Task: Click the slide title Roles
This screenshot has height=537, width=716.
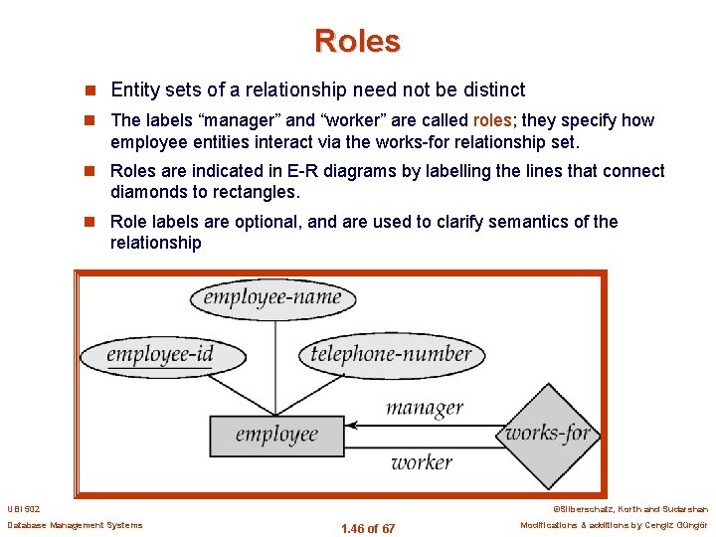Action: [357, 41]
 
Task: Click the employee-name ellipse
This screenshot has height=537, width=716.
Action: [271, 297]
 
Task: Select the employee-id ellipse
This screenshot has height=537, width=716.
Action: [160, 354]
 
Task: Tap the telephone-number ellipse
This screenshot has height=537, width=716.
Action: [391, 354]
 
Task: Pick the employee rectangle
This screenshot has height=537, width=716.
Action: [276, 435]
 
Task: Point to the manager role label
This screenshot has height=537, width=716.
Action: [425, 407]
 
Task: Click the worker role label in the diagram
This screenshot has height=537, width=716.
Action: [421, 462]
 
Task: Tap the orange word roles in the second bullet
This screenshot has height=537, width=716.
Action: [492, 120]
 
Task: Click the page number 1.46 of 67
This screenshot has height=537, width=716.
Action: [367, 528]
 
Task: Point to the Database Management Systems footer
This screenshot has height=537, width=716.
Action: [75, 525]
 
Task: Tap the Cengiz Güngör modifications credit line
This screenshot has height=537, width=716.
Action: [614, 525]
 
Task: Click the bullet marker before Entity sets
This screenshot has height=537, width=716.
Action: [94, 90]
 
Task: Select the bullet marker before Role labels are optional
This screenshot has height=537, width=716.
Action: [94, 222]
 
